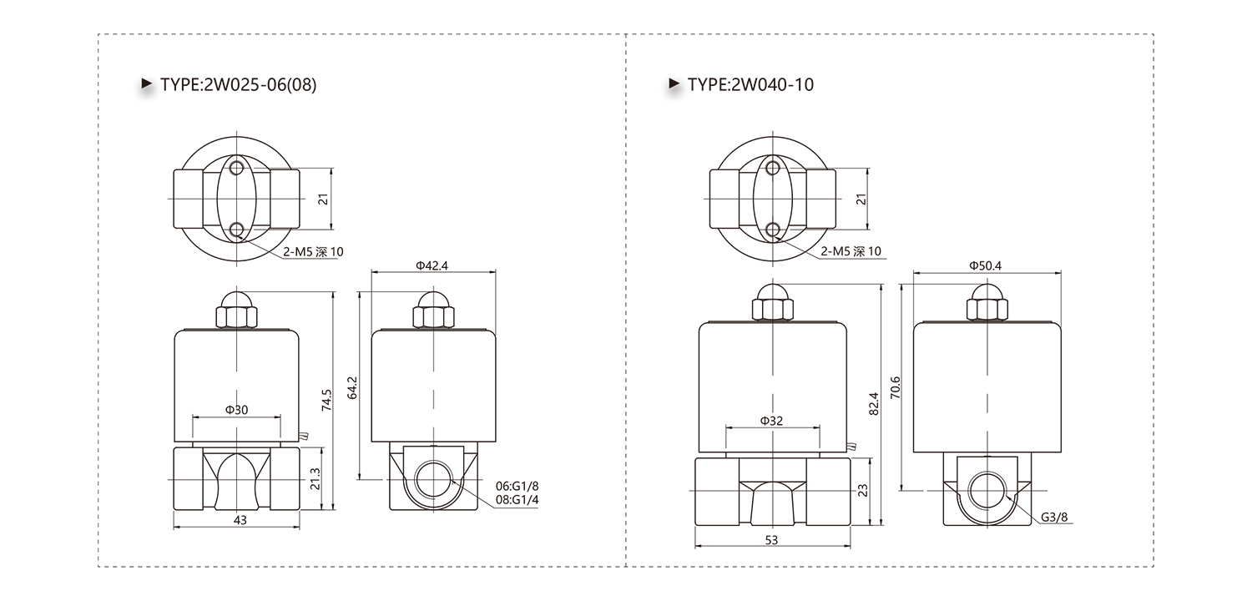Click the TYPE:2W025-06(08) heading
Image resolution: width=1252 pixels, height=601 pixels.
(238, 84)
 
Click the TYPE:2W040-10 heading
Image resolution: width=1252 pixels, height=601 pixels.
(750, 84)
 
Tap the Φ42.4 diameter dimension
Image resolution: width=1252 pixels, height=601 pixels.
(432, 265)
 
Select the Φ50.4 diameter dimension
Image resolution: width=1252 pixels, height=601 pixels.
(986, 265)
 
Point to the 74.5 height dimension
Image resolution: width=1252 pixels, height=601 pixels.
(326, 401)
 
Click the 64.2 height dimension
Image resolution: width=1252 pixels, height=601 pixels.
(352, 387)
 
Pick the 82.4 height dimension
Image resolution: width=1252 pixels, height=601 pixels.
(874, 404)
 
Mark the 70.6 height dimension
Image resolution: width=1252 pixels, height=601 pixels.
(896, 387)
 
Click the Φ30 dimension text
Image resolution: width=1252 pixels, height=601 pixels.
(236, 410)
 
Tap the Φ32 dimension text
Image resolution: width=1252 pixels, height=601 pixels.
(772, 421)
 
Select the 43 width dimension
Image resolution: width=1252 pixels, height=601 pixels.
(240, 520)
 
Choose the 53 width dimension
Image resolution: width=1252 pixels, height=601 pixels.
(771, 540)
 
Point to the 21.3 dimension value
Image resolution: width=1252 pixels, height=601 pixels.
(316, 479)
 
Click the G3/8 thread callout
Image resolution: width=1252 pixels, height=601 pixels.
(1054, 518)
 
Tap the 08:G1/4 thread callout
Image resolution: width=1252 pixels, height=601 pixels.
(517, 500)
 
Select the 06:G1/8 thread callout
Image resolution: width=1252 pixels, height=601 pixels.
(517, 487)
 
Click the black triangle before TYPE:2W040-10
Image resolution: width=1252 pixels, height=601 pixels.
(674, 83)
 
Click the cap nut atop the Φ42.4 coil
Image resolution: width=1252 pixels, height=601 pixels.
(434, 310)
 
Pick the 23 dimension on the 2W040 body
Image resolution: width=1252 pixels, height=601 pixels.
(863, 490)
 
